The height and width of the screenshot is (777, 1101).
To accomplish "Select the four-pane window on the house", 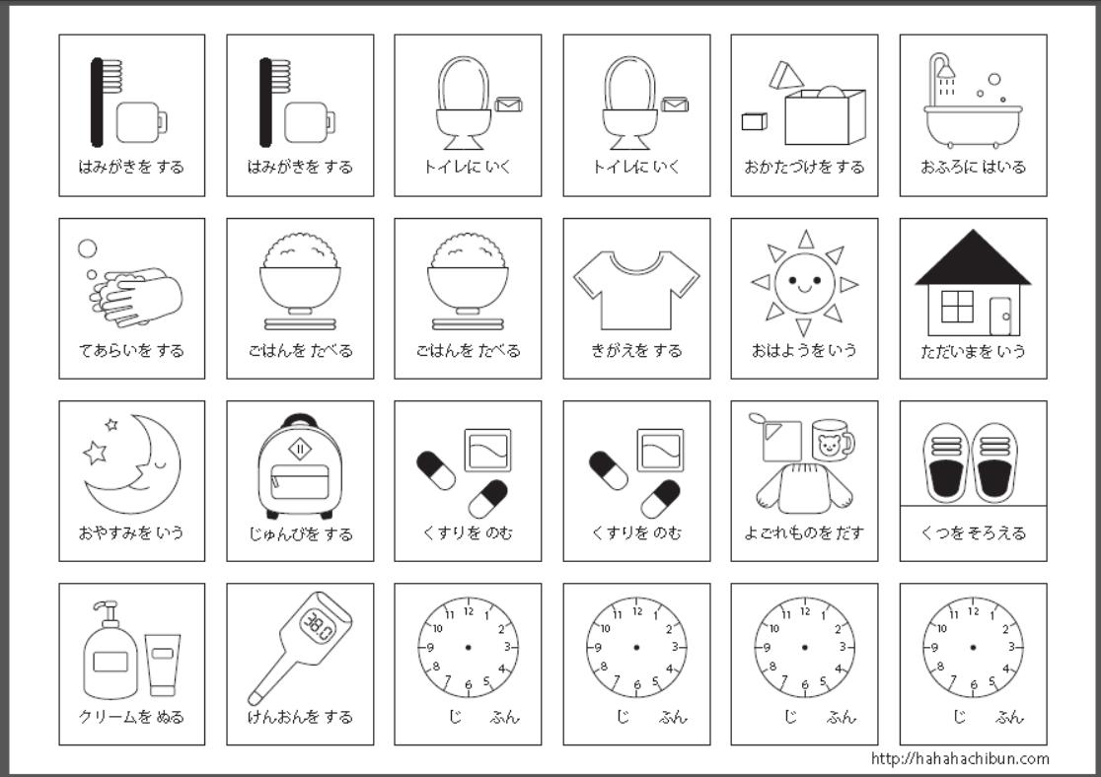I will click(957, 307).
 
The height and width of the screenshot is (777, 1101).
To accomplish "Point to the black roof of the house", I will click(973, 260).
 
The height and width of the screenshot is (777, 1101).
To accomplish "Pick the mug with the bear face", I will click(832, 440).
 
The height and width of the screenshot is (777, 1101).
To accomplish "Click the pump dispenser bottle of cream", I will click(110, 654).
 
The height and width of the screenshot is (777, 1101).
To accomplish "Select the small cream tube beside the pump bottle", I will click(163, 665).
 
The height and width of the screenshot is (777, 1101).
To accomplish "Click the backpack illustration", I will click(300, 467).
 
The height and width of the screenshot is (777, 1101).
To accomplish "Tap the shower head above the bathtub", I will click(944, 69).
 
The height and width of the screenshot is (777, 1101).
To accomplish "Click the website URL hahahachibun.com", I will click(960, 758).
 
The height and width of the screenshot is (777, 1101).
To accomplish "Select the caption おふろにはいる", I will click(973, 167).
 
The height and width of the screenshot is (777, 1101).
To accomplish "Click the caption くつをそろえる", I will click(973, 532).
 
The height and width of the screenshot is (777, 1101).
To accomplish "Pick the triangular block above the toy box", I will click(786, 75).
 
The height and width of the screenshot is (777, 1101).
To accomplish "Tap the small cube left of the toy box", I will click(754, 120).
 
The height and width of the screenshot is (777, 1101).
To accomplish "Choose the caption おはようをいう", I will click(804, 350).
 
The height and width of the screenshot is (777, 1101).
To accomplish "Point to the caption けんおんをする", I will click(300, 717).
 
